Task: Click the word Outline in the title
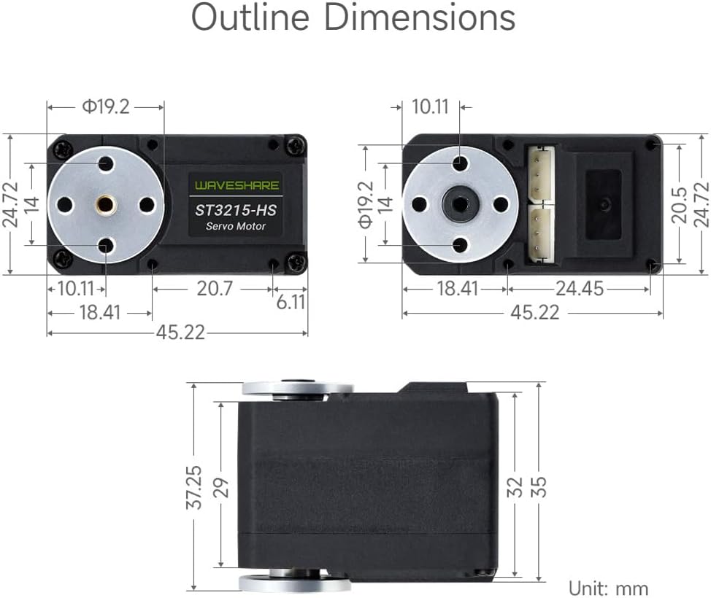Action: tap(250, 18)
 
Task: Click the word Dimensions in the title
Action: tap(420, 18)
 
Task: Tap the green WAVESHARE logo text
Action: tap(237, 185)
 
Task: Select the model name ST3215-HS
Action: tap(236, 210)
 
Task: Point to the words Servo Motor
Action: tap(236, 226)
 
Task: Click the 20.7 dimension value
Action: tap(215, 289)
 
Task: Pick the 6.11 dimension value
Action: tap(291, 302)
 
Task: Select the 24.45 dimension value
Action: tap(580, 289)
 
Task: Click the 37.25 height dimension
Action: tap(194, 487)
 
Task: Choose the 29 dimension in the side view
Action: tap(221, 487)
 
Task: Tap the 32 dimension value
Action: tap(515, 487)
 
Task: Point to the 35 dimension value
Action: tap(539, 487)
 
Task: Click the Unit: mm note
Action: tap(609, 589)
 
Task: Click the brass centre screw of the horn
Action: tap(106, 205)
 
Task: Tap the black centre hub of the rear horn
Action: tap(460, 205)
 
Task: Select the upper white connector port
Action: tap(541, 174)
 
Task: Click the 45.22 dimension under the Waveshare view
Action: tap(180, 333)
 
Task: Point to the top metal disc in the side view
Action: tap(297, 388)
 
